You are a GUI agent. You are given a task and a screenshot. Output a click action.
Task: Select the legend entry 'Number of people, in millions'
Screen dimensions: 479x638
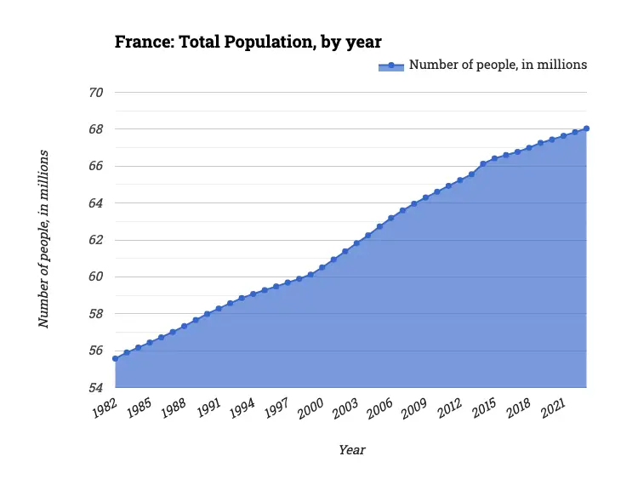click(498, 65)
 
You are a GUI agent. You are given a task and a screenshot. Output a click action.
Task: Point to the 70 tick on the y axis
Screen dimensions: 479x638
click(96, 93)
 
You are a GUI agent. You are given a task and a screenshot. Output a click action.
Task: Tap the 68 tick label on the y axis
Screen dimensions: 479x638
click(96, 129)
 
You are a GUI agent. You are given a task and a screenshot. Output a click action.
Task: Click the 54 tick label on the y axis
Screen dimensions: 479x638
click(96, 388)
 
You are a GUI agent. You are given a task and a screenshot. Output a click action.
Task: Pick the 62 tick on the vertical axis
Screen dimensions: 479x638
click(96, 240)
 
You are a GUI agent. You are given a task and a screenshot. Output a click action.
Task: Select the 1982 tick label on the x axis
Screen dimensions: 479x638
click(104, 408)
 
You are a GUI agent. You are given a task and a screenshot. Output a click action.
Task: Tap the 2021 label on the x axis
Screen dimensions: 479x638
click(552, 408)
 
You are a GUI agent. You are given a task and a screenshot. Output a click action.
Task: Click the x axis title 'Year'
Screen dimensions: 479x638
click(351, 450)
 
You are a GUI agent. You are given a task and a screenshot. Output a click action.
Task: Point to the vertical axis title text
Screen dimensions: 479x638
click(43, 239)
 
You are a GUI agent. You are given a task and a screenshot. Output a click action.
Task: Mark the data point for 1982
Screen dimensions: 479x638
click(115, 358)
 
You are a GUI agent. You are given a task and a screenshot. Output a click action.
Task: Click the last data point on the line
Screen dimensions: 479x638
click(587, 128)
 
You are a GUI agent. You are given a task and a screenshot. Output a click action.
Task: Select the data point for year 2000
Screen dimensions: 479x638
click(322, 267)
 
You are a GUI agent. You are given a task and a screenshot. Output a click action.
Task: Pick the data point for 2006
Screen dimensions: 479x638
click(390, 218)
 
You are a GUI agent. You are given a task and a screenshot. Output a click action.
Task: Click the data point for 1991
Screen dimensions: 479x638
click(219, 308)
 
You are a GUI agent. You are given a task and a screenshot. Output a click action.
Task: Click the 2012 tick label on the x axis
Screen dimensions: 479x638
click(448, 408)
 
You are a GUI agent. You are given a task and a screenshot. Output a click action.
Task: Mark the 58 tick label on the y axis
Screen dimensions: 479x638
click(96, 314)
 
